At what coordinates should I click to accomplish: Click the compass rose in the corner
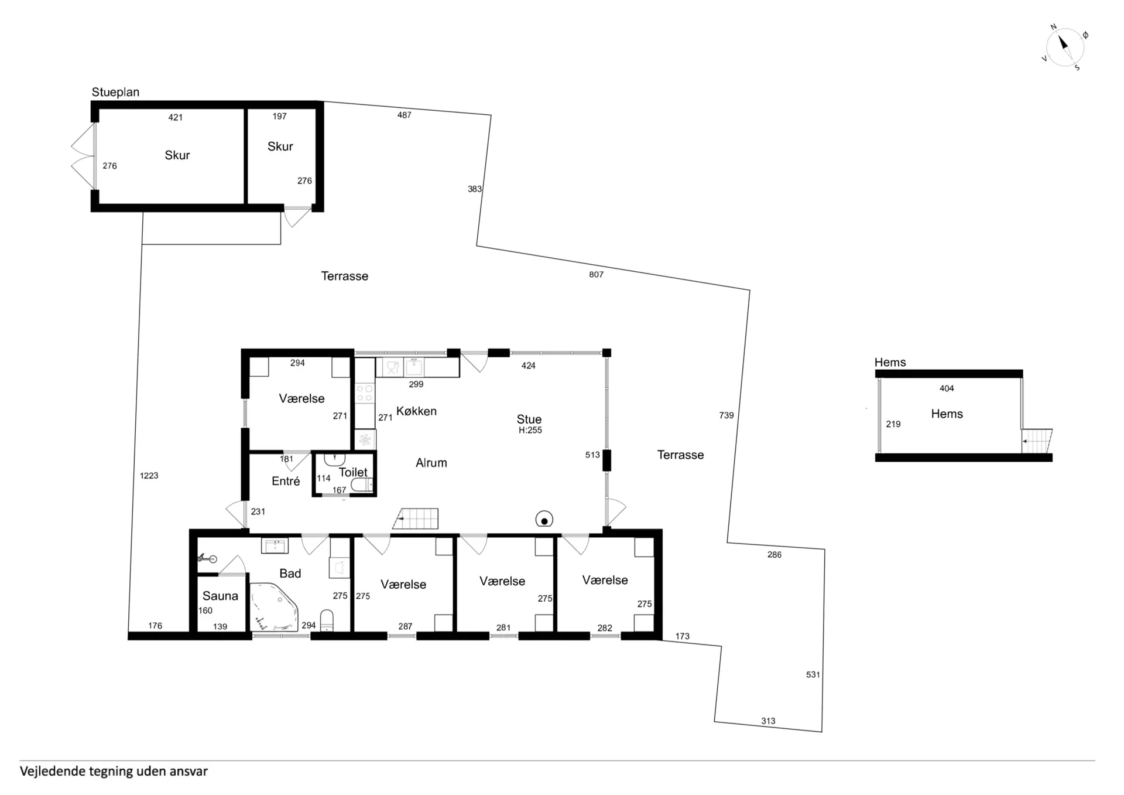1065,47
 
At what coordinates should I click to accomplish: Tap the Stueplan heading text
115,92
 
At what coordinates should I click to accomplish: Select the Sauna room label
220,596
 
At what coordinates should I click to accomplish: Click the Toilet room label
353,472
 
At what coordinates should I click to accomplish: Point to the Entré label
286,481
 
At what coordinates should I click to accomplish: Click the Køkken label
416,411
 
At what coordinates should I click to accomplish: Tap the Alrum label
431,463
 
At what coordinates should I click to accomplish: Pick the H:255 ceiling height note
530,430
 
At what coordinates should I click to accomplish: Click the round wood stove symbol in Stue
544,520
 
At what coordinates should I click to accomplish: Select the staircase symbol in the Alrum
416,518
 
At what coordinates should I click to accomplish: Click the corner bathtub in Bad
274,607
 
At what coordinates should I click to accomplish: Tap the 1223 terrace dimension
149,476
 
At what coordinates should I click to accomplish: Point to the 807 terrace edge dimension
596,274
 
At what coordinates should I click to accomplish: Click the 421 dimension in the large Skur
176,117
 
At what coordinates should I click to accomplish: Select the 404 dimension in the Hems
947,388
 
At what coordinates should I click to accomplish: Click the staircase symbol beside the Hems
1037,441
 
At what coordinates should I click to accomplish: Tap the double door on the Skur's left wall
83,156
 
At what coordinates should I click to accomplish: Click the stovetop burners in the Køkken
365,393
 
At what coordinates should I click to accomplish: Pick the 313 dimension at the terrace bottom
768,721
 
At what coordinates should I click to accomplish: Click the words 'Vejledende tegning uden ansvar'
114,771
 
